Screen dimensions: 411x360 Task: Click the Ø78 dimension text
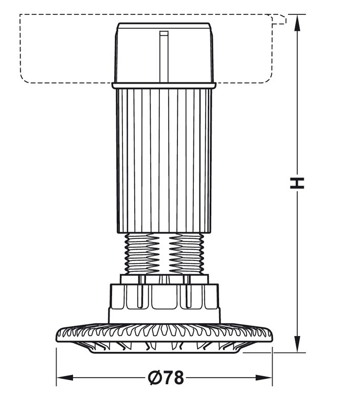tap(166, 378)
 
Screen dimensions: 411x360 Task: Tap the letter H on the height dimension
tap(297, 183)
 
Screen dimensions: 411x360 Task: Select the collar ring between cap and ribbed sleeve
tap(164, 85)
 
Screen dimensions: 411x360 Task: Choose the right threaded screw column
tap(186, 254)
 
